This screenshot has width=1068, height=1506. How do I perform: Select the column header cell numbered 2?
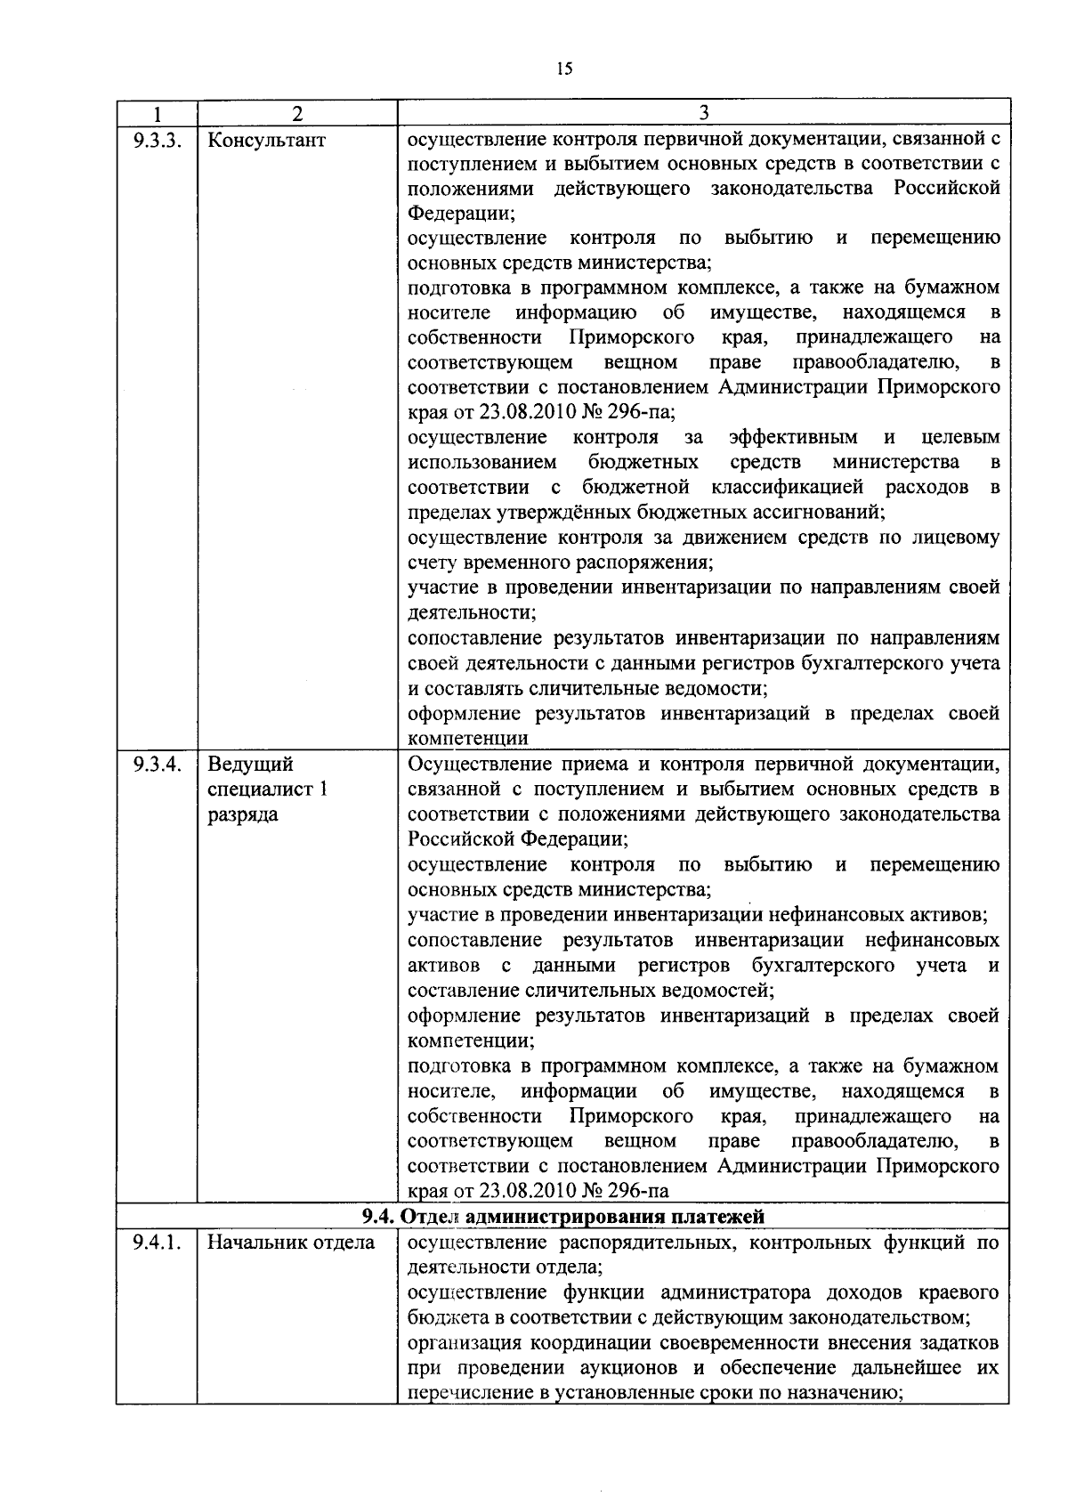tap(296, 113)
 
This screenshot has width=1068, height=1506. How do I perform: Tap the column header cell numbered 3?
tap(703, 112)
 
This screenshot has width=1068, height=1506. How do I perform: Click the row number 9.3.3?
tap(156, 140)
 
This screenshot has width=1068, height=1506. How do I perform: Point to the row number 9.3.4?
tap(156, 765)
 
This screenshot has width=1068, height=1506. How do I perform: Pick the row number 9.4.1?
tap(156, 1242)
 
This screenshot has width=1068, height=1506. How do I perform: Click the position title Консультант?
tap(266, 140)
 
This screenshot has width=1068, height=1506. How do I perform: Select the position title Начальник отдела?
tap(291, 1242)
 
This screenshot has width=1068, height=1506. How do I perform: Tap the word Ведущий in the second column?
tap(250, 765)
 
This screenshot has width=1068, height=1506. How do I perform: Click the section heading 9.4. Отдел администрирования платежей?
tap(562, 1216)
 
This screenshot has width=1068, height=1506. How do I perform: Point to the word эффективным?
tap(793, 437)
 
